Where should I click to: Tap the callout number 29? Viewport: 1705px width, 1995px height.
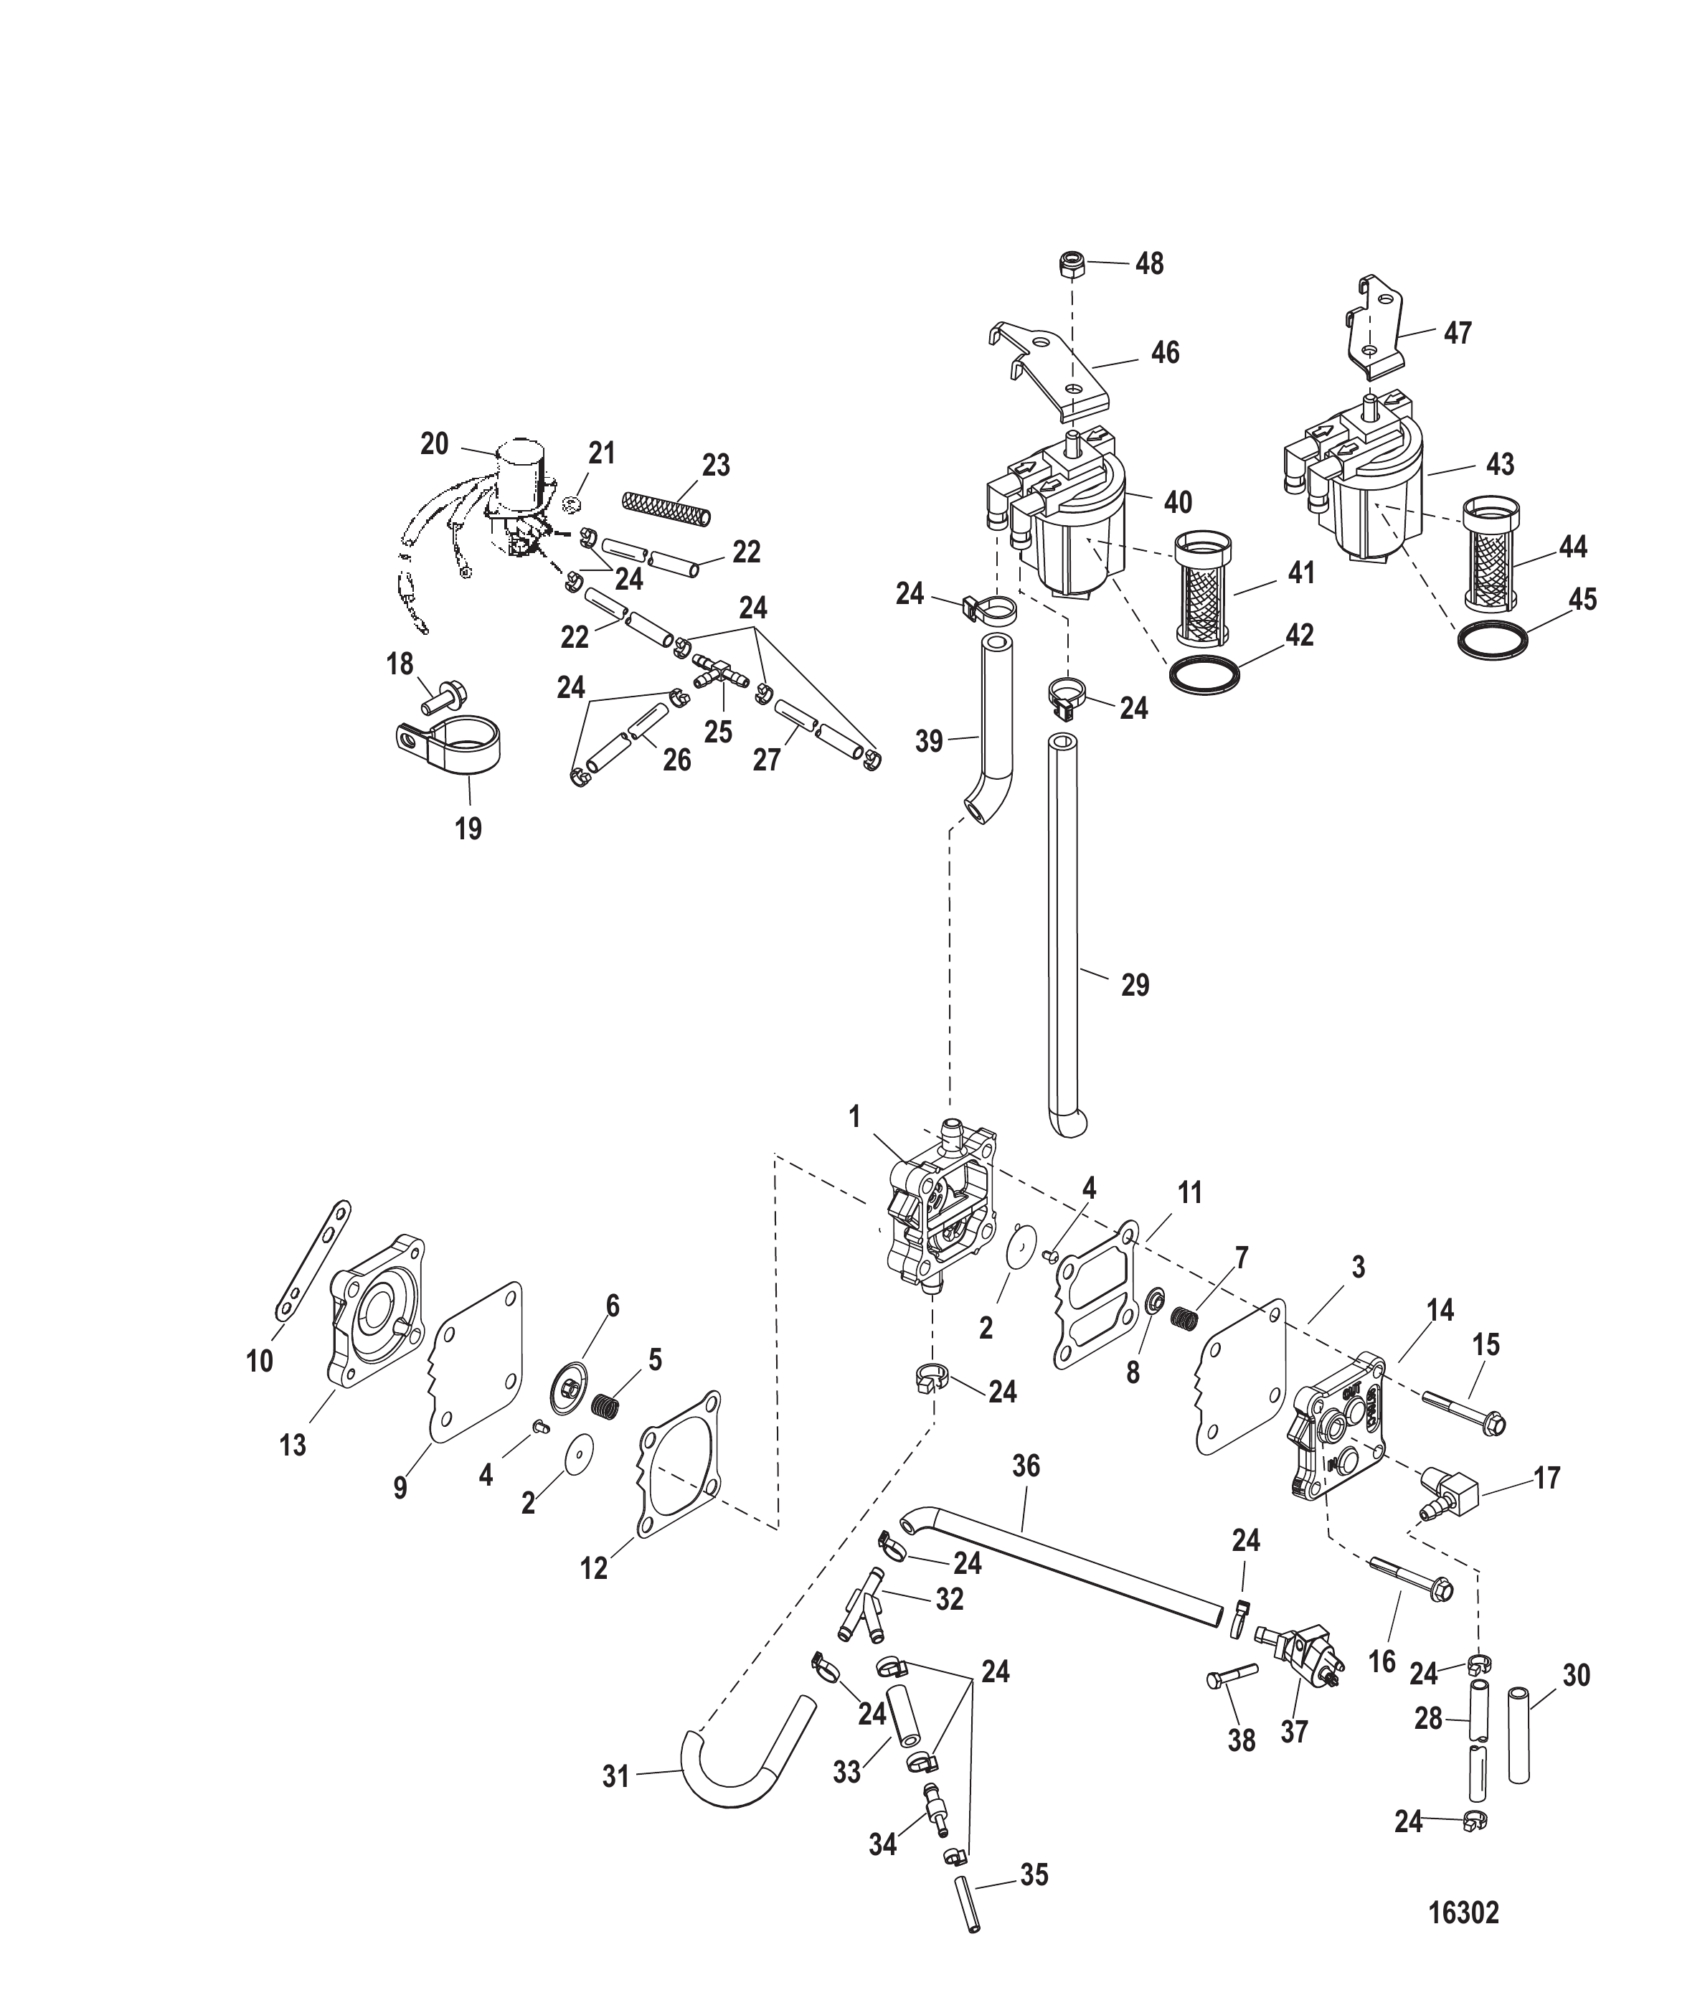[1135, 985]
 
